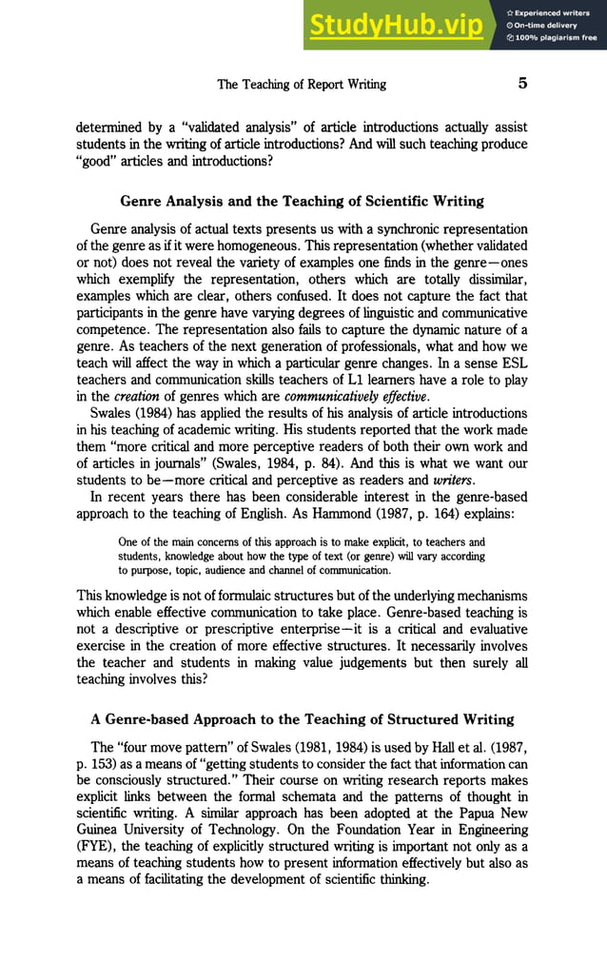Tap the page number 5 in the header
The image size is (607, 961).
coord(521,84)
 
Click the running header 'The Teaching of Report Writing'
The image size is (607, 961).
coord(302,85)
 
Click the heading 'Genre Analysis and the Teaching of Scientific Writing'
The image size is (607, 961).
coord(302,201)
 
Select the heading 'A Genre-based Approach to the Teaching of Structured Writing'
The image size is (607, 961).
coord(302,718)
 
